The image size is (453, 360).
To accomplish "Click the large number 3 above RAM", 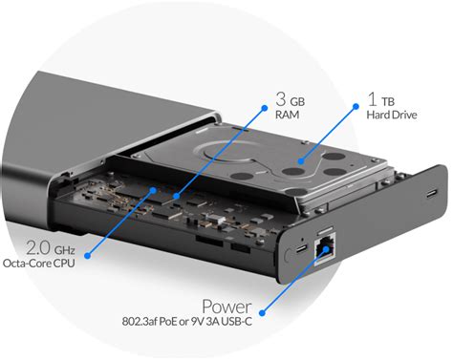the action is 281,99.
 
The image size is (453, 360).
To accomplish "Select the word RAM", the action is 287,115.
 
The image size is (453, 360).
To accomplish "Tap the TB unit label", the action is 388,102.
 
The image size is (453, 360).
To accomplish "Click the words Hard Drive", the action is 392,115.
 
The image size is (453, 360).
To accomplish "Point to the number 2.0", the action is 38,248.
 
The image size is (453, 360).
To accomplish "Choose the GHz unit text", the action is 64,250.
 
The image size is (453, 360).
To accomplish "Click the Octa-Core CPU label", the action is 38,264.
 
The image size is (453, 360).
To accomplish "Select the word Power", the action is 226,307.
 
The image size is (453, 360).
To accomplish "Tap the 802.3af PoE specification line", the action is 186,322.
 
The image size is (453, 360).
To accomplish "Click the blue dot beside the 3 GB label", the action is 264,108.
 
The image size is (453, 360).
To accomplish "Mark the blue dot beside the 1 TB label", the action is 356,107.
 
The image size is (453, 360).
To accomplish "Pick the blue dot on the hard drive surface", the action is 301,161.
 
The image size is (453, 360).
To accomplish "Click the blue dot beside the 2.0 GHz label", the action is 88,255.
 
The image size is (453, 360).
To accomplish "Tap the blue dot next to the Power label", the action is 262,313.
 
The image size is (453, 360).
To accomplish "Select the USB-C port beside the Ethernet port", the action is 301,248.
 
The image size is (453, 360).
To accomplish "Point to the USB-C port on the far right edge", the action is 432,193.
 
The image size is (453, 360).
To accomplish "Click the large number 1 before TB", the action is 372,98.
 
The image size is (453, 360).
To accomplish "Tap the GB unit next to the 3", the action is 297,102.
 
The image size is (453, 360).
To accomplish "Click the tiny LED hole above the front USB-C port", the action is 302,239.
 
